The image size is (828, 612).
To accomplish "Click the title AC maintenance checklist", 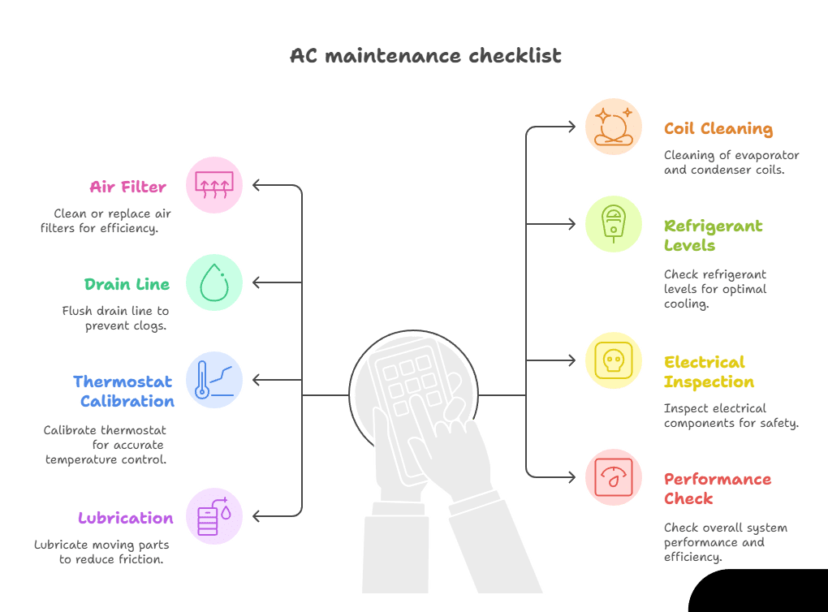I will (x=425, y=56).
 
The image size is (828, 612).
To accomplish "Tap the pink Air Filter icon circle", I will (x=214, y=185).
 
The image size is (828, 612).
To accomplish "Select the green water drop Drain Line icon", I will (x=214, y=282).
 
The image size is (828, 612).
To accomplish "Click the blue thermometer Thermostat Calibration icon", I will (x=214, y=380).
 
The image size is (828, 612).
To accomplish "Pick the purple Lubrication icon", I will (x=214, y=516).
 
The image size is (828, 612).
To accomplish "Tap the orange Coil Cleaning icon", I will (x=613, y=127).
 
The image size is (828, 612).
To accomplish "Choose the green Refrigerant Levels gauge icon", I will (x=613, y=224).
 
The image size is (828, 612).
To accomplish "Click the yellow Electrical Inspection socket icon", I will (x=613, y=360).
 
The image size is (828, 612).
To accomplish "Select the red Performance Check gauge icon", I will (x=613, y=477).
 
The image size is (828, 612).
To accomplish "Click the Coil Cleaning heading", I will (x=718, y=128).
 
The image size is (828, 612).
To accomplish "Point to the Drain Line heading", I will (x=127, y=284).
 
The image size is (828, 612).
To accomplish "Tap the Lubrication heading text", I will (x=126, y=518).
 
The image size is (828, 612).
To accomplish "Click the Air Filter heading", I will (x=128, y=187).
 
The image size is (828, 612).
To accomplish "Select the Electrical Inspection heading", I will (x=708, y=372).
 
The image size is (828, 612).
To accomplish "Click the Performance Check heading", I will (x=716, y=489).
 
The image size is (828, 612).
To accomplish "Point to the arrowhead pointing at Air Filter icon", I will (x=257, y=185).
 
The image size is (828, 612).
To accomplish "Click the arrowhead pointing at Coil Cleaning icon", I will (x=572, y=127).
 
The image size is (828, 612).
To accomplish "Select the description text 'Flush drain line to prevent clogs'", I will (x=115, y=318).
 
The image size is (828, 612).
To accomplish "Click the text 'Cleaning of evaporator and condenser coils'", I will (x=731, y=162).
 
